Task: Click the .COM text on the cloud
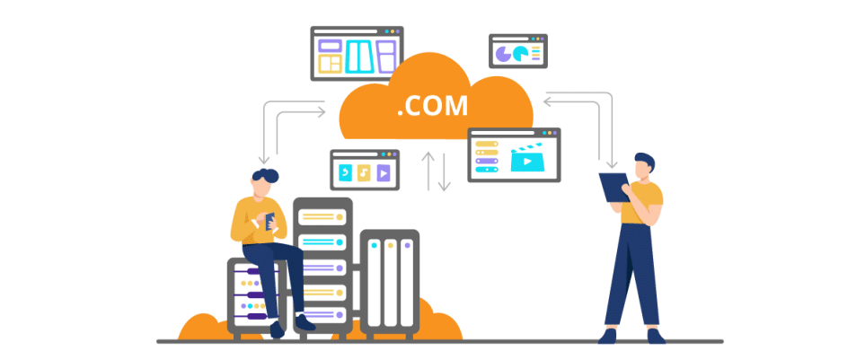[x=432, y=106]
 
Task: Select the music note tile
[x=363, y=173]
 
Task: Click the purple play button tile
[x=384, y=173]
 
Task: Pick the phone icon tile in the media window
[x=345, y=173]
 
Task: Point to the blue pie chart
[x=521, y=53]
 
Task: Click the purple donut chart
[x=503, y=54]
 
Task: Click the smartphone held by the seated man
[x=269, y=221]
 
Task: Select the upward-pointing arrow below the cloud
[x=428, y=170]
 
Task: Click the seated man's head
[x=264, y=182]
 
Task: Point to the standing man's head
[x=644, y=166]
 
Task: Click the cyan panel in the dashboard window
[x=360, y=57]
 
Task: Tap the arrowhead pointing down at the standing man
[x=611, y=163]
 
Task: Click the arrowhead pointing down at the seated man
[x=264, y=160]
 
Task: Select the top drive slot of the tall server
[x=322, y=216]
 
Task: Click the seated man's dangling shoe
[x=277, y=329]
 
